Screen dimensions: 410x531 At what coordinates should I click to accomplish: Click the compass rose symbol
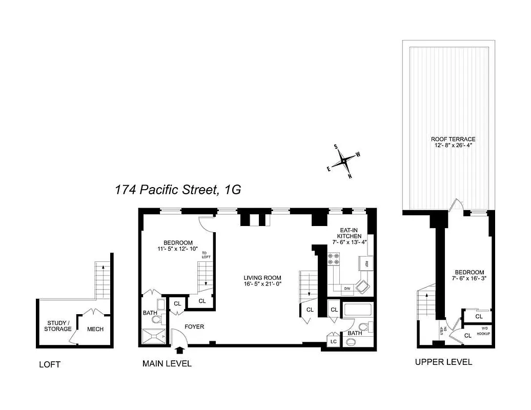(x=344, y=162)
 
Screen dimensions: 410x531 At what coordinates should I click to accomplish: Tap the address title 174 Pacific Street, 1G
(x=178, y=190)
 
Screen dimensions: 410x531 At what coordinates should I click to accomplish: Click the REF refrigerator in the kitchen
(x=366, y=264)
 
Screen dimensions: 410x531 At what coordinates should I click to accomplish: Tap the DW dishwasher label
(x=347, y=288)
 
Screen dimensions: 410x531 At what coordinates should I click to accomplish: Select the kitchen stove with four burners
(x=333, y=259)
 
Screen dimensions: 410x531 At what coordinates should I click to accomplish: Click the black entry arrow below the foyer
(x=179, y=351)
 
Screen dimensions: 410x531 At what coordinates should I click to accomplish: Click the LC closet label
(x=333, y=341)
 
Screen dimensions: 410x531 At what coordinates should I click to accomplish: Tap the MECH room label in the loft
(x=95, y=329)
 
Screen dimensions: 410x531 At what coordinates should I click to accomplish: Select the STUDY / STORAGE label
(x=57, y=325)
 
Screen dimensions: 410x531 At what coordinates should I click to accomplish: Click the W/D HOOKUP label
(x=483, y=332)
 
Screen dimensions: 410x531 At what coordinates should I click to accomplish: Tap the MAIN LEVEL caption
(x=167, y=364)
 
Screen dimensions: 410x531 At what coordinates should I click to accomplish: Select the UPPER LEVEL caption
(x=443, y=362)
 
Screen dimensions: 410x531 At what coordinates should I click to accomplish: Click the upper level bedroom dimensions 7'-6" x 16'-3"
(x=469, y=279)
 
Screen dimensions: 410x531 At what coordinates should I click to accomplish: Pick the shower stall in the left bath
(x=154, y=336)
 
